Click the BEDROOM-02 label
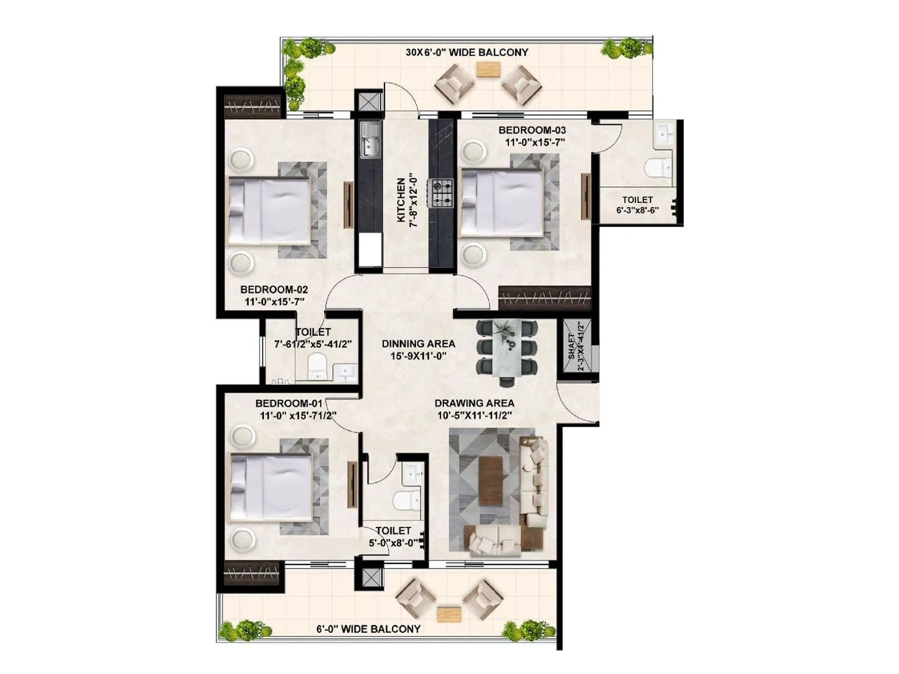(274, 290)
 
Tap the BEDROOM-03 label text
(532, 130)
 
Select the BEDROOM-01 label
(289, 403)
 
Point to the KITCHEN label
(401, 200)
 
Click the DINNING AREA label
(419, 344)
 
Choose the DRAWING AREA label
(474, 403)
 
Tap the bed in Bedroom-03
(502, 203)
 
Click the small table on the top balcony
(488, 69)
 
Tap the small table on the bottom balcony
(448, 613)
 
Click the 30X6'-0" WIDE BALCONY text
(467, 52)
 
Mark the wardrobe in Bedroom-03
(544, 298)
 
